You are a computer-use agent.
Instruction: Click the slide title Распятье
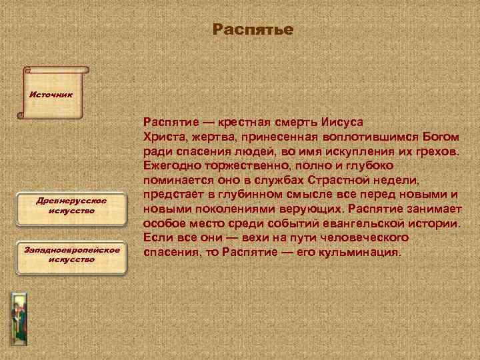253,31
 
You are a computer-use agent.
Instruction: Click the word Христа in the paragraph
162,137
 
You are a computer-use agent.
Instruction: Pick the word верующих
312,209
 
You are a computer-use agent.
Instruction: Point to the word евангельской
372,224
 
